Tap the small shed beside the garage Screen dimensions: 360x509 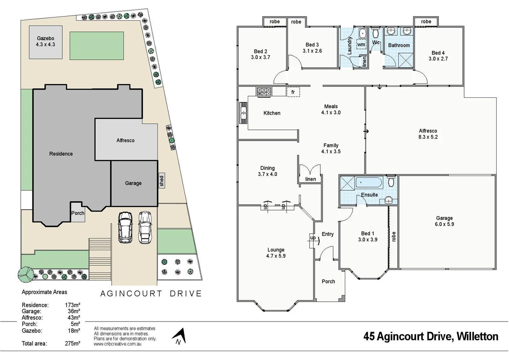pyautogui.click(x=162, y=181)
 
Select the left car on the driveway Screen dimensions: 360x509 pyautogui.click(x=125, y=227)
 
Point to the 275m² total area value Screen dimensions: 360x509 pyautogui.click(x=72, y=343)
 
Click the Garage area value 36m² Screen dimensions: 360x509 pyautogui.click(x=74, y=311)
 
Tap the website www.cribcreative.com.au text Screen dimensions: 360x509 pyautogui.click(x=117, y=344)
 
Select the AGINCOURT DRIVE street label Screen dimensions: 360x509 pyautogui.click(x=151, y=294)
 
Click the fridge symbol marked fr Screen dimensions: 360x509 pyautogui.click(x=293, y=92)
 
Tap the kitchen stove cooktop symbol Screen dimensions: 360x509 pyautogui.click(x=264, y=92)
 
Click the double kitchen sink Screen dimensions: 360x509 pyautogui.click(x=244, y=113)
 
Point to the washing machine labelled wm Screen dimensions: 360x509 pyautogui.click(x=361, y=44)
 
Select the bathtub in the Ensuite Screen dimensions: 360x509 pyautogui.click(x=369, y=183)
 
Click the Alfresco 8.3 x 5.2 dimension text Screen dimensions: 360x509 pyautogui.click(x=428, y=137)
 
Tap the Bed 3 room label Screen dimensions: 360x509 pyautogui.click(x=312, y=45)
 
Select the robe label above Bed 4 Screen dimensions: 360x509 pyautogui.click(x=426, y=22)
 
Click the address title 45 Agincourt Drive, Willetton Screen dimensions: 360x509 pyautogui.click(x=431, y=336)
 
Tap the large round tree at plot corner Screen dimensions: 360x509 pyautogui.click(x=25, y=274)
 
